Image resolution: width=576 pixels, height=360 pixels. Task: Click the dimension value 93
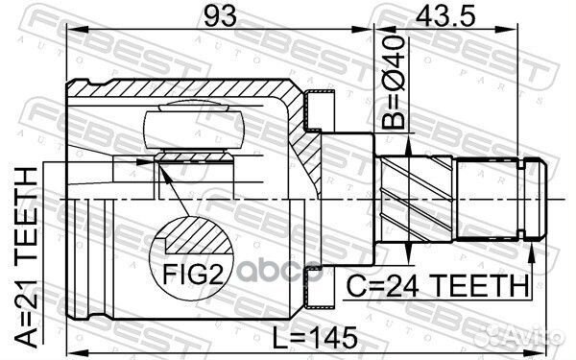click(220, 15)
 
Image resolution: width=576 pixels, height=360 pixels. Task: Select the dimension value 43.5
click(444, 15)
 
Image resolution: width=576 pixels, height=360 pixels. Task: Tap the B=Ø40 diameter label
click(393, 83)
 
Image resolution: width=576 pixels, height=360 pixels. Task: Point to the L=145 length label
click(315, 338)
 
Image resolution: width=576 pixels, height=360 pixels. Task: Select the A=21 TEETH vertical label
click(27, 257)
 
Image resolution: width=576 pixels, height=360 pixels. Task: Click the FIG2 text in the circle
click(193, 274)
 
